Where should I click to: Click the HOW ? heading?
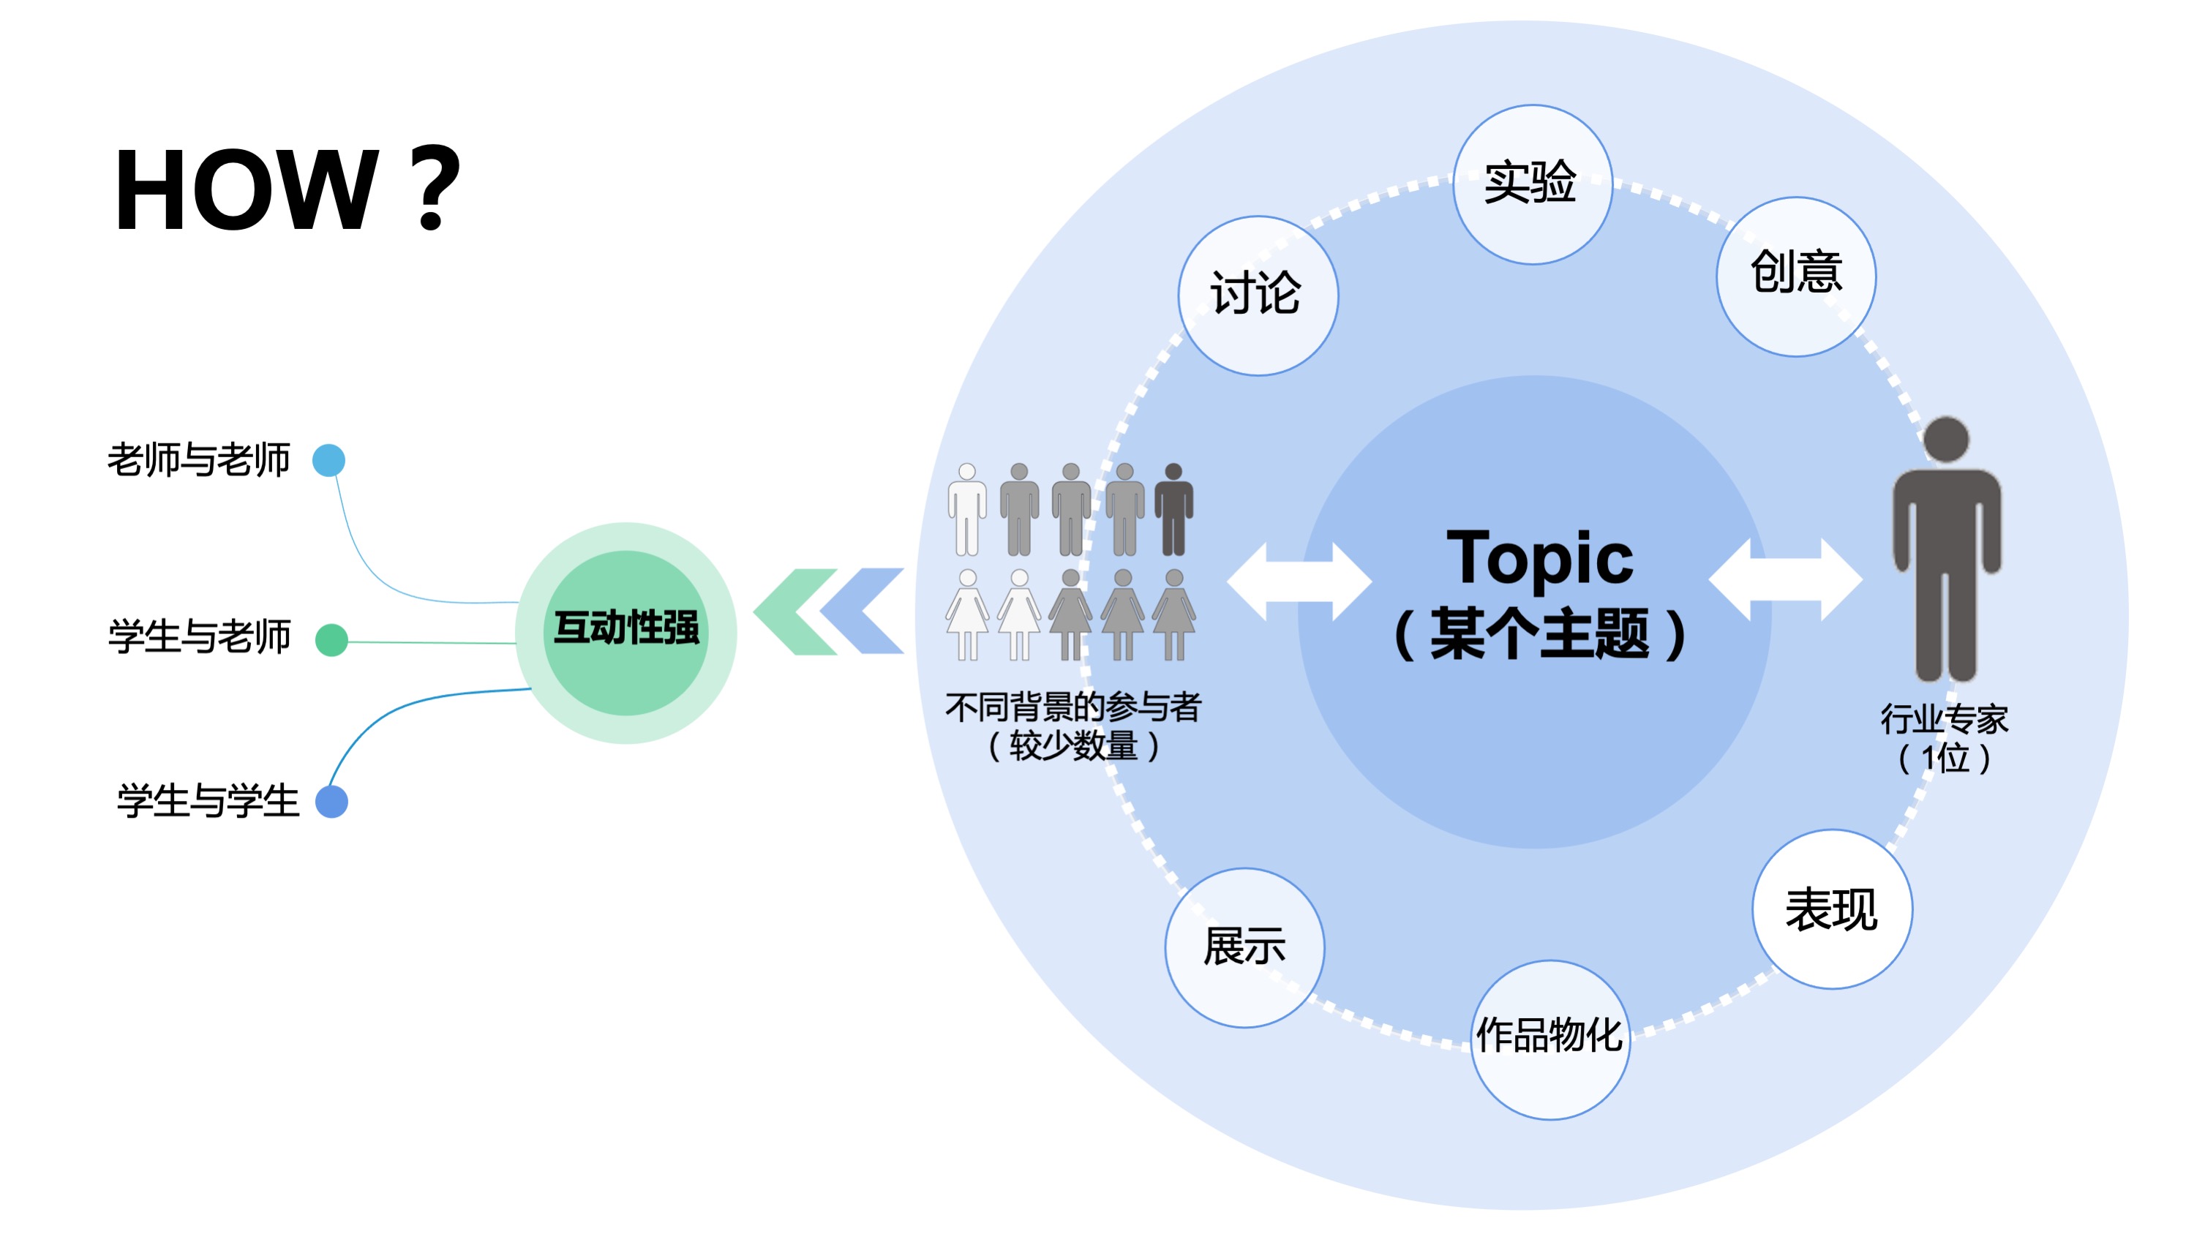click(288, 189)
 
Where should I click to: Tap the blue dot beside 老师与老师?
click(328, 461)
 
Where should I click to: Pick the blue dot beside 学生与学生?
click(331, 802)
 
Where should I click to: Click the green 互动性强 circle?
click(626, 632)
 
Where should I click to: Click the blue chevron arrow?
click(865, 612)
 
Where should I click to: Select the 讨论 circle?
click(1258, 296)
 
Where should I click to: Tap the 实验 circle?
click(1531, 184)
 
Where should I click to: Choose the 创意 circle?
click(1795, 276)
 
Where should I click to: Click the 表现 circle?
click(1832, 908)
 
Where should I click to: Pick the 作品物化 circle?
click(1550, 1039)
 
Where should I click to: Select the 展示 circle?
click(1244, 947)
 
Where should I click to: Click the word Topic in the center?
click(1539, 559)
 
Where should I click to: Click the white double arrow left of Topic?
click(1299, 582)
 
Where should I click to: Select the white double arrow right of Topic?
click(1785, 580)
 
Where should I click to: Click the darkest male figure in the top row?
click(1173, 509)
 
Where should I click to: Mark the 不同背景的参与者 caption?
click(1073, 707)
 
